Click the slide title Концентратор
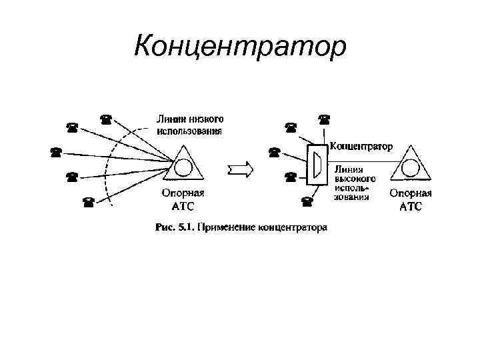tap(240, 47)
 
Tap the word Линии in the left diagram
tap(169, 119)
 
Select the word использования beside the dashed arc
tap(189, 131)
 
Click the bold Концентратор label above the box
tap(361, 145)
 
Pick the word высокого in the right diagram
tap(355, 179)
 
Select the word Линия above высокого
tap(349, 169)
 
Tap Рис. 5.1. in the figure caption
tap(172, 227)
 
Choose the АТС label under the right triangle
tap(411, 207)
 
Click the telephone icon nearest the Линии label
tap(105, 119)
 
